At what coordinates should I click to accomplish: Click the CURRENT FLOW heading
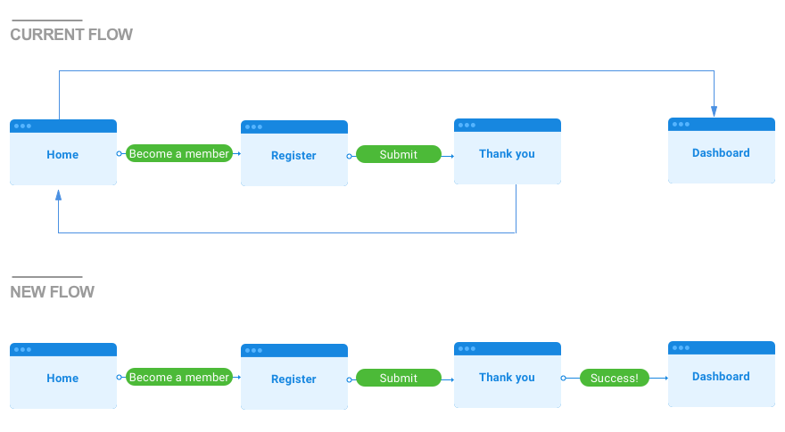point(71,35)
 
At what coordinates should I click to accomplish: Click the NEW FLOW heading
point(52,292)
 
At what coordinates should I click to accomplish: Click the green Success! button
point(614,378)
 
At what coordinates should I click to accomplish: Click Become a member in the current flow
point(178,154)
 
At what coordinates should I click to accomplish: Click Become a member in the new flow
point(178,378)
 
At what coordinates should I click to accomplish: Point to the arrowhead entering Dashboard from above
point(714,111)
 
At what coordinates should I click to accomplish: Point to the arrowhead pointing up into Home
point(59,194)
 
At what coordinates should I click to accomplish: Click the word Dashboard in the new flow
point(721,377)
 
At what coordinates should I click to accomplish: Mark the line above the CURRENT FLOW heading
point(46,20)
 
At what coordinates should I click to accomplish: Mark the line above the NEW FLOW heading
point(46,277)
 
